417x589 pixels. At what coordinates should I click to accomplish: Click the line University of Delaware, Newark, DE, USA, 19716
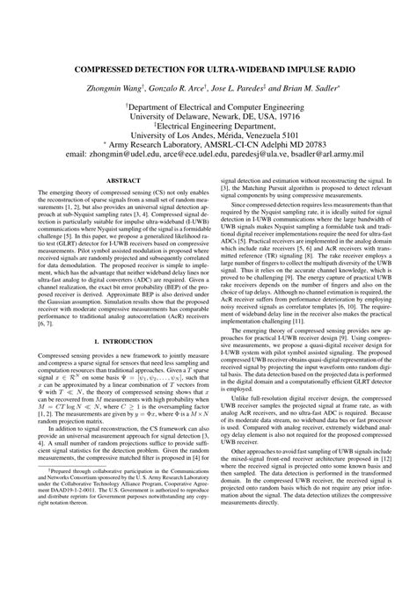pos(208,114)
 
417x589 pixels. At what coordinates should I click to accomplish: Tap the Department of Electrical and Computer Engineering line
pos(208,103)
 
